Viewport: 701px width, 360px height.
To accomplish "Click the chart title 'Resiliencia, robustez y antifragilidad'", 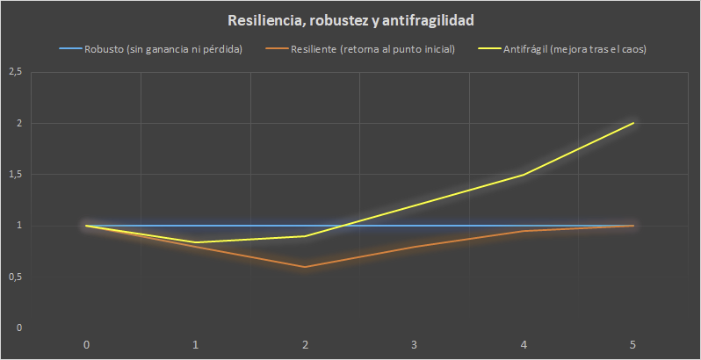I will pos(350,19).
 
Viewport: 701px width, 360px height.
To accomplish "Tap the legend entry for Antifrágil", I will pos(570,49).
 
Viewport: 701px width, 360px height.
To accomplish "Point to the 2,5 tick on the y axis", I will pos(14,72).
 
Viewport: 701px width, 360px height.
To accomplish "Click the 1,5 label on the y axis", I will pos(14,175).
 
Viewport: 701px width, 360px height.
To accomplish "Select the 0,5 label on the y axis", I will pos(14,277).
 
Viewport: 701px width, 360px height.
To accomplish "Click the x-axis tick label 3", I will pos(415,344).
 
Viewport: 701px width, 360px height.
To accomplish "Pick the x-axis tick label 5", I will pos(633,344).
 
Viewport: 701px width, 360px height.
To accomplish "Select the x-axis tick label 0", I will pos(86,344).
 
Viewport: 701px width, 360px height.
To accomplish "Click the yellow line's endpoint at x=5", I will pos(633,123).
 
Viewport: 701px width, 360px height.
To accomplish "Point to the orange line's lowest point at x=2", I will pos(305,267).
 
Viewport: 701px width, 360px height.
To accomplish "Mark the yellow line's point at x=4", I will pos(524,175).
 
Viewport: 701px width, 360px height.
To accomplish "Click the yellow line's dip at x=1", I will pos(196,242).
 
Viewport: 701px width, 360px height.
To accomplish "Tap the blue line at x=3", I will pos(415,226).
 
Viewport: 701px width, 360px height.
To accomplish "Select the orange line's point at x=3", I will pos(415,247).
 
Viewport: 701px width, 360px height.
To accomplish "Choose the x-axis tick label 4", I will pos(524,344).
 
